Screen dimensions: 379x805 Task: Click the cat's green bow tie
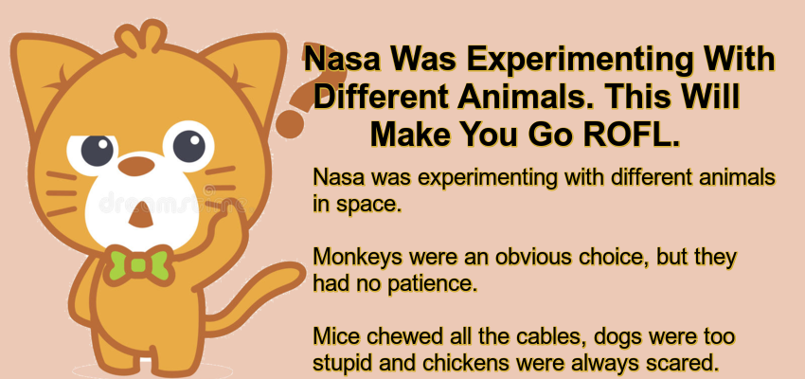tap(131, 263)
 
